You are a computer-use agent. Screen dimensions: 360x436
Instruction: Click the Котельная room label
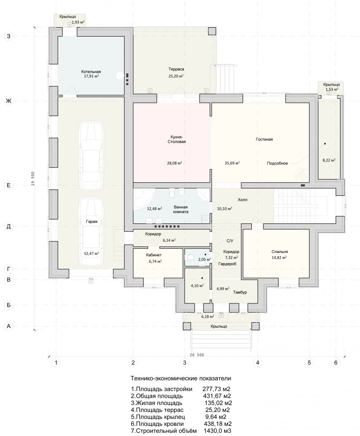pos(91,72)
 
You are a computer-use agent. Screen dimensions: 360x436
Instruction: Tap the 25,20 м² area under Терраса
pos(176,76)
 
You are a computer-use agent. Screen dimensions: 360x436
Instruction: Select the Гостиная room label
pos(264,139)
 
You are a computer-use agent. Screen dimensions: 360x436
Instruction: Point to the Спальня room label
pos(280,252)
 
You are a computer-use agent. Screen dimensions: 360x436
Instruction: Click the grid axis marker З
pos(9,36)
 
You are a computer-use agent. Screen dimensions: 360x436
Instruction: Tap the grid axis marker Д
pos(9,226)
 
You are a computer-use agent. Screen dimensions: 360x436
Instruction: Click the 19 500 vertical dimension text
pos(33,178)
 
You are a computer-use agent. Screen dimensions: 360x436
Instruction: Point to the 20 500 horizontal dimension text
pos(197,355)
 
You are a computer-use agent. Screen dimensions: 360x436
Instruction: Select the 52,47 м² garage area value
pos(91,254)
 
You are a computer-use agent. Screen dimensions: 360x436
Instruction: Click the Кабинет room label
pos(154,255)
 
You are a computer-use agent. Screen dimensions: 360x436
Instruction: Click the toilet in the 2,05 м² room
pos(190,257)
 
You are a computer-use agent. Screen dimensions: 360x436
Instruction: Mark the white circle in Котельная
pos(120,75)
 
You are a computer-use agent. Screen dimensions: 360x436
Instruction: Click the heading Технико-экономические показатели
pos(181,378)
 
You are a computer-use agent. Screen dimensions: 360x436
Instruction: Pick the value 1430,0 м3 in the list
pos(217,431)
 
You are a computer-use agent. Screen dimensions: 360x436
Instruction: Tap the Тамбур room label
pos(240,292)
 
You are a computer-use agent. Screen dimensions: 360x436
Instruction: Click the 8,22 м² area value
pos(329,160)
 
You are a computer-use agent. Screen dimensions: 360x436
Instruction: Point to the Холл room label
pos(242,200)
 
